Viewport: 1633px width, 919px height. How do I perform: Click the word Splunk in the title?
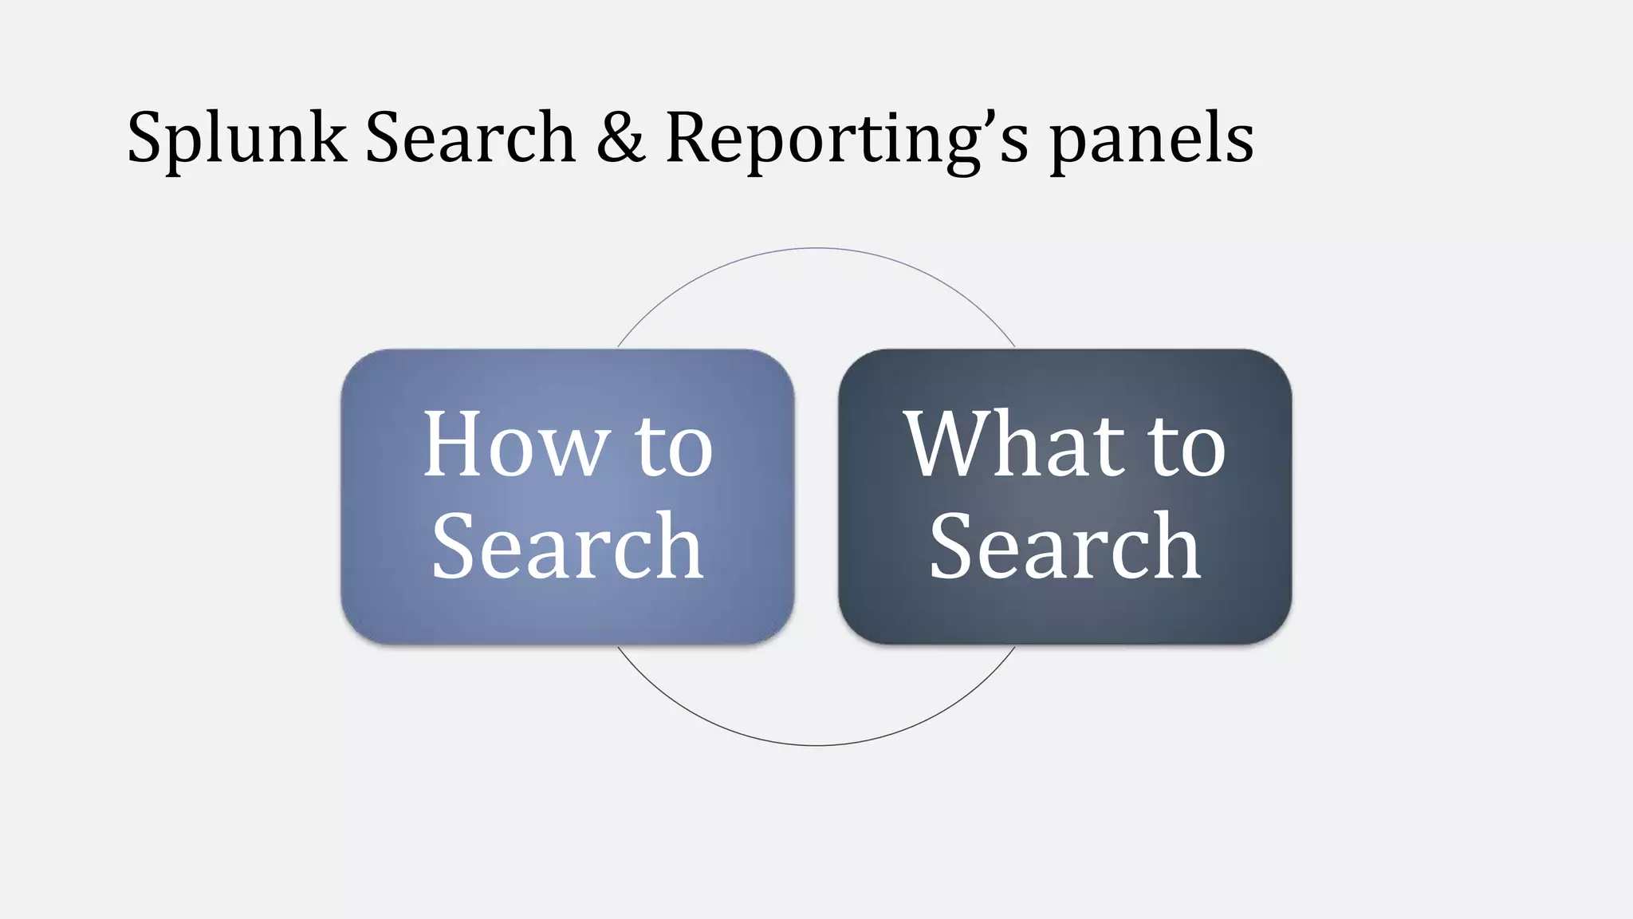coord(237,140)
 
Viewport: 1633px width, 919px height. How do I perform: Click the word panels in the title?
coord(1151,140)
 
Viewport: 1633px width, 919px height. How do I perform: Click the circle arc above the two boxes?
coord(816,249)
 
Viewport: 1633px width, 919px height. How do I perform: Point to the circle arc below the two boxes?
coord(816,745)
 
